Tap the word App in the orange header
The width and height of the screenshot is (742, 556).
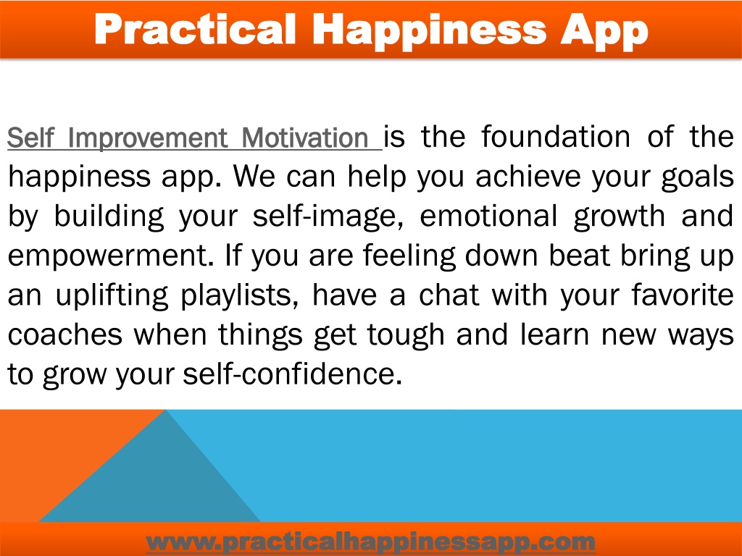click(x=604, y=32)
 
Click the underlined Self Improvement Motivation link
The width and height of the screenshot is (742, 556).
click(x=194, y=138)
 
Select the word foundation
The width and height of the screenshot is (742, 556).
click(x=556, y=137)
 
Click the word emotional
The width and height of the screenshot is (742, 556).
click(x=488, y=216)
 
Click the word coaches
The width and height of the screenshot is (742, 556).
click(x=65, y=334)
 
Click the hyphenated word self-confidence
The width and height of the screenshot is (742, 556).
click(x=293, y=374)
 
